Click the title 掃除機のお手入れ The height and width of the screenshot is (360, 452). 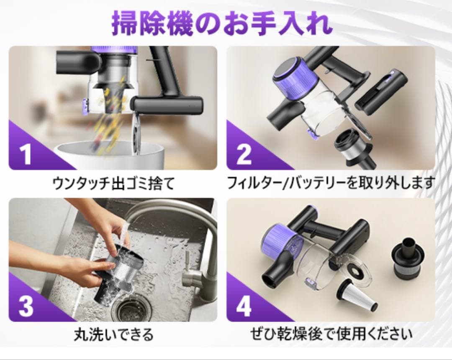pyautogui.click(x=222, y=24)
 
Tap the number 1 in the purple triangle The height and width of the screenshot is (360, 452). pyautogui.click(x=26, y=154)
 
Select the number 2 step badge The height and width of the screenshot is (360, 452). pyautogui.click(x=244, y=154)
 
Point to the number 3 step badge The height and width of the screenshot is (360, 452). pyautogui.click(x=26, y=306)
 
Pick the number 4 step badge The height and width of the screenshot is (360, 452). pyautogui.click(x=244, y=306)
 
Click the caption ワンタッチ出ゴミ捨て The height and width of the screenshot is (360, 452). pyautogui.click(x=113, y=183)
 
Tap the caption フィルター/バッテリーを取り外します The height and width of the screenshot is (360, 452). pyautogui.click(x=331, y=183)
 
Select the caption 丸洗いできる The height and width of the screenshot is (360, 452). pyautogui.click(x=113, y=334)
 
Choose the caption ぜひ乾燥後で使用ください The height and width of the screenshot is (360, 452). pyautogui.click(x=331, y=334)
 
